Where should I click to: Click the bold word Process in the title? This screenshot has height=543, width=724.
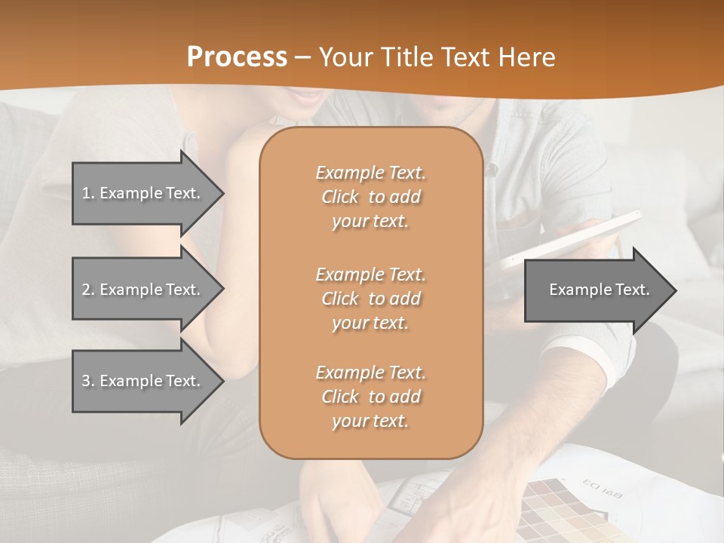click(x=237, y=57)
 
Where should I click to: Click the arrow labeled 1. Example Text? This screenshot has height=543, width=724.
click(x=143, y=193)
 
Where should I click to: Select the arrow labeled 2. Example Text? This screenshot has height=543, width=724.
click(x=143, y=290)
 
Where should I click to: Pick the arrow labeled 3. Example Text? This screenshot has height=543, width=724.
click(x=143, y=381)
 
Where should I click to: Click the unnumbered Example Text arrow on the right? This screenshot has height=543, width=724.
click(x=596, y=290)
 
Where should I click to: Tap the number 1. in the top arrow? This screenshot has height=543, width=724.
click(x=87, y=193)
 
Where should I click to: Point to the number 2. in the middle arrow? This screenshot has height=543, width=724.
click(x=87, y=290)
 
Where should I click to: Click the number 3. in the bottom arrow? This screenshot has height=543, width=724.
click(x=87, y=381)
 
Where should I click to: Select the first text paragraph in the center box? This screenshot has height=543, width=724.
click(x=370, y=197)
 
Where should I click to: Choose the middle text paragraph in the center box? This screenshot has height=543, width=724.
click(x=370, y=299)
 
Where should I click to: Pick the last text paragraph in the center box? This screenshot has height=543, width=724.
click(x=370, y=397)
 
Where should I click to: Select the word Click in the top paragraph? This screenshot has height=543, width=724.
click(x=340, y=197)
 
